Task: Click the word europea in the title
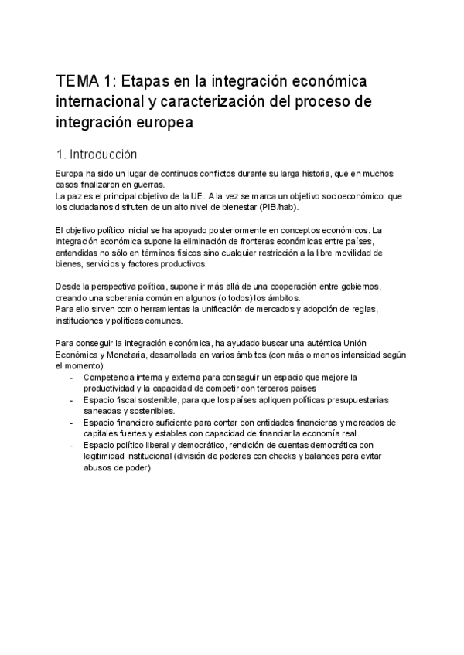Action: [160, 122]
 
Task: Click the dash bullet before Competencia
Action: [72, 377]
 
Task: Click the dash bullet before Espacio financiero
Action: [72, 423]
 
